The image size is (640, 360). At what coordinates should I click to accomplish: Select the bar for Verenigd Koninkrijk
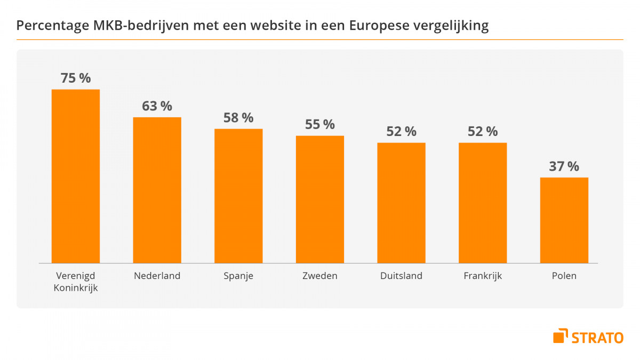coord(75,176)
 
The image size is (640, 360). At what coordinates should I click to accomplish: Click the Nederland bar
coord(157,190)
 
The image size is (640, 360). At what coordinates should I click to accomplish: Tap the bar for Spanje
coord(238,196)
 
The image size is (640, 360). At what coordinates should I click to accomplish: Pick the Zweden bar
coord(320,199)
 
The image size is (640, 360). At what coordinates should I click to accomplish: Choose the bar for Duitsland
coord(401,203)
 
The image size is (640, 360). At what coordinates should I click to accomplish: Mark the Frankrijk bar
coord(483,203)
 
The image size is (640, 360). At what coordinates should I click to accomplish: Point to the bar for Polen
coord(564,220)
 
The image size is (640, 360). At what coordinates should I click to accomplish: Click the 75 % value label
coord(76,78)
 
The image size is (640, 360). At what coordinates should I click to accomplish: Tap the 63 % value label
coord(157,106)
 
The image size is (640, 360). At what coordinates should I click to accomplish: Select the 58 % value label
coord(238,117)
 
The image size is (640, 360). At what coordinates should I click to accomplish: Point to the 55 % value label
coord(320,124)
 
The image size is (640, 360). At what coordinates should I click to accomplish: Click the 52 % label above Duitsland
coord(401,131)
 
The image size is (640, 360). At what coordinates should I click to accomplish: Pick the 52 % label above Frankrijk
coord(483,131)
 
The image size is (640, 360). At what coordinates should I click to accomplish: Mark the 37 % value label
coord(564,166)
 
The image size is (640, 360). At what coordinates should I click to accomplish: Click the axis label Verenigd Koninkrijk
coord(76,282)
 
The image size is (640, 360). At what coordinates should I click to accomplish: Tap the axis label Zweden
coord(320,276)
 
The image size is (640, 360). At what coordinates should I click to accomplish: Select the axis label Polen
coord(564,276)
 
